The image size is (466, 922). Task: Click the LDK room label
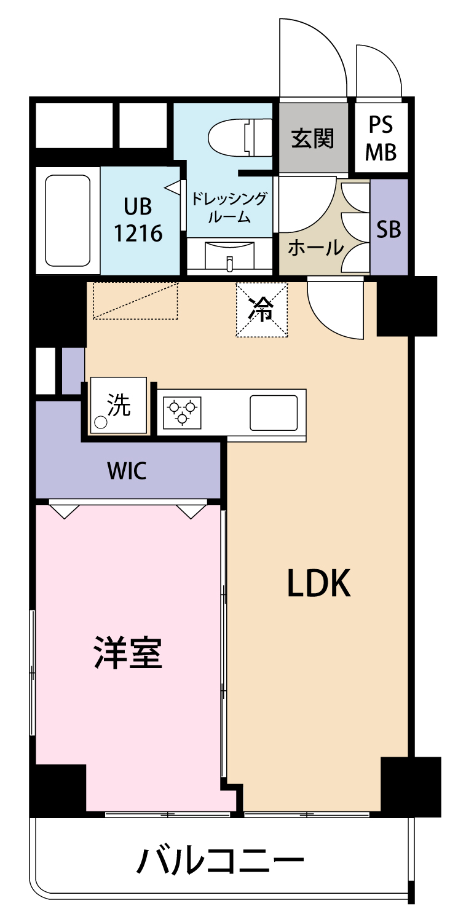[318, 583]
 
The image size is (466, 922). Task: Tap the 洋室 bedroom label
[128, 653]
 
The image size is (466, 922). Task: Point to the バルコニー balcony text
[220, 861]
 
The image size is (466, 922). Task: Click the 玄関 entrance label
[312, 138]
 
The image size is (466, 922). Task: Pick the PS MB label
[381, 138]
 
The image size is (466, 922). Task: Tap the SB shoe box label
[389, 229]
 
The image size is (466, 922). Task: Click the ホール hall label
[316, 248]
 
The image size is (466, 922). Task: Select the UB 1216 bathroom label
[138, 220]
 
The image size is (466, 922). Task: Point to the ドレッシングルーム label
[229, 207]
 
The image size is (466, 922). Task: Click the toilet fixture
[240, 138]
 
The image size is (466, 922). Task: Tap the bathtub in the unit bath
[68, 220]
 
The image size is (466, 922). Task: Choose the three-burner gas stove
[182, 411]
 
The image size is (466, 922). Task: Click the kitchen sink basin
[274, 413]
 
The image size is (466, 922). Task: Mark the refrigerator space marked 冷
[261, 310]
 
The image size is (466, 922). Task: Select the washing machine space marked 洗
[119, 405]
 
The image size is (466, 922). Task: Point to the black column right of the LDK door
[407, 306]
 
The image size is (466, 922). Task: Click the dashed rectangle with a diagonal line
[135, 301]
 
